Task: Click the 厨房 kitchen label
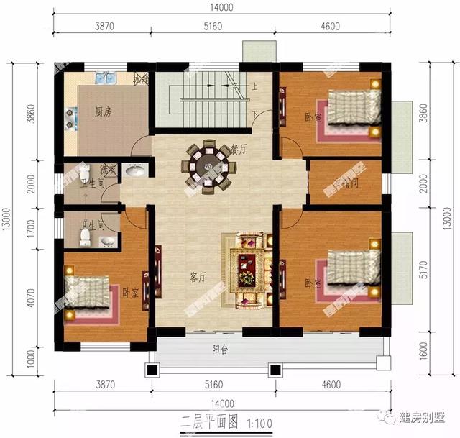click(x=102, y=113)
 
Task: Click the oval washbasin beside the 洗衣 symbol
click(x=134, y=171)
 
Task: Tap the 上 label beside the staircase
click(x=254, y=87)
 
